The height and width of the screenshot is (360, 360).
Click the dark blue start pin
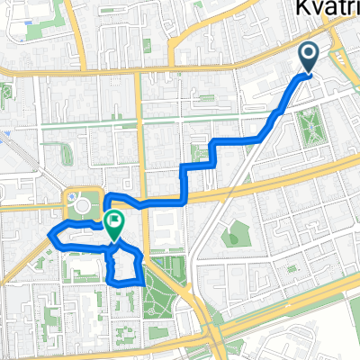pos(308,57)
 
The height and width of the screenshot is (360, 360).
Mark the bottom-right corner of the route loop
pos(142,282)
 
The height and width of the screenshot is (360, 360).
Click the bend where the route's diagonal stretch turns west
pos(261,139)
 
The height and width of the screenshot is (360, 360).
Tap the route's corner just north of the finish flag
pos(105,196)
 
